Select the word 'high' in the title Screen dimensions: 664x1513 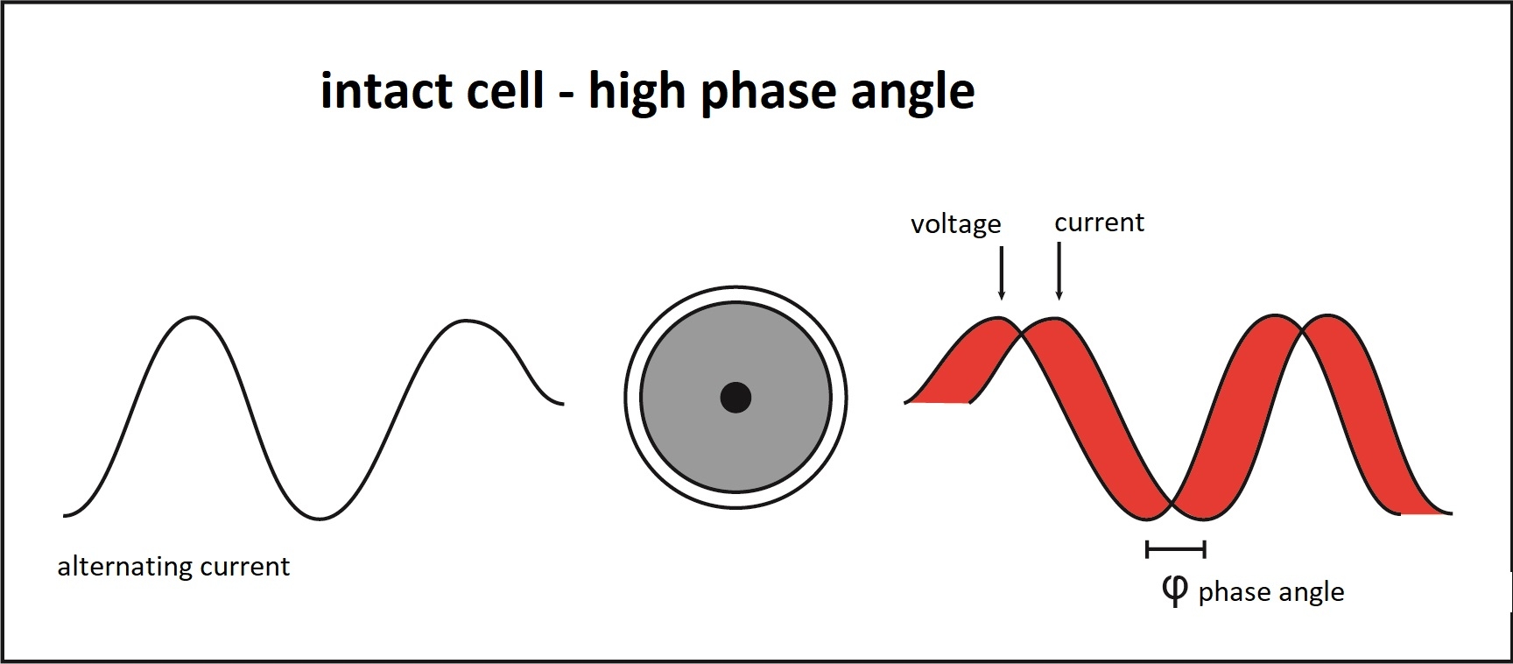coord(637,92)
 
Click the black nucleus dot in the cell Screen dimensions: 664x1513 coord(735,397)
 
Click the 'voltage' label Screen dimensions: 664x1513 coord(955,224)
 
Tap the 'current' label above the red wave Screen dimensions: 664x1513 coord(1099,223)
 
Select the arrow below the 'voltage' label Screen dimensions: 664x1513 coord(1002,273)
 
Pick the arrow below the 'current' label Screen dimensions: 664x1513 coord(1059,272)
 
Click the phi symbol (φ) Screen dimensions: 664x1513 coord(1174,590)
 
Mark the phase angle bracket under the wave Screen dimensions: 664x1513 coord(1176,550)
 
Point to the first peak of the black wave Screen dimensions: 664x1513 coord(194,317)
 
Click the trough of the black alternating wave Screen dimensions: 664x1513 coord(320,519)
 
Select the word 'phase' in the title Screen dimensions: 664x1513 coord(769,92)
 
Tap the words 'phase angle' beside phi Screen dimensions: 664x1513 coord(1270,592)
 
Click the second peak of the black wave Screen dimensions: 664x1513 coord(464,321)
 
